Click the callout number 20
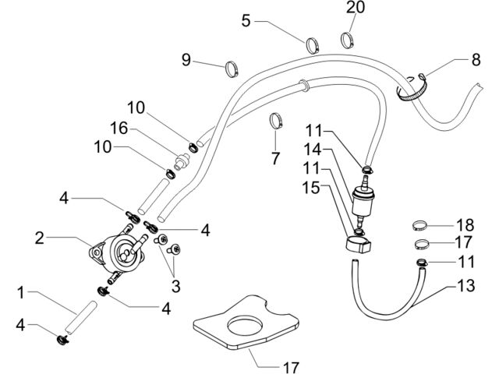coord(356,7)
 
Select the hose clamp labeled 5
coord(313,45)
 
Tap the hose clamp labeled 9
coord(232,69)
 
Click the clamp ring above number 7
coord(276,121)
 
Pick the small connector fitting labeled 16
coord(182,161)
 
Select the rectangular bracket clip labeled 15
coord(359,244)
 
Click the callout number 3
coord(175,286)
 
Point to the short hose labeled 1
coord(80,317)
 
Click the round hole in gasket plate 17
coord(245,326)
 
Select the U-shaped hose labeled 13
coord(388,295)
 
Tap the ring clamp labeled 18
coord(419,225)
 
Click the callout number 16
coord(119,129)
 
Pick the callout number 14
coord(313,150)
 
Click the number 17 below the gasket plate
coord(291,368)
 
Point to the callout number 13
coord(466,285)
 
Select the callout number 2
coord(40,238)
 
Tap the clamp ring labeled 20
coord(348,40)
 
